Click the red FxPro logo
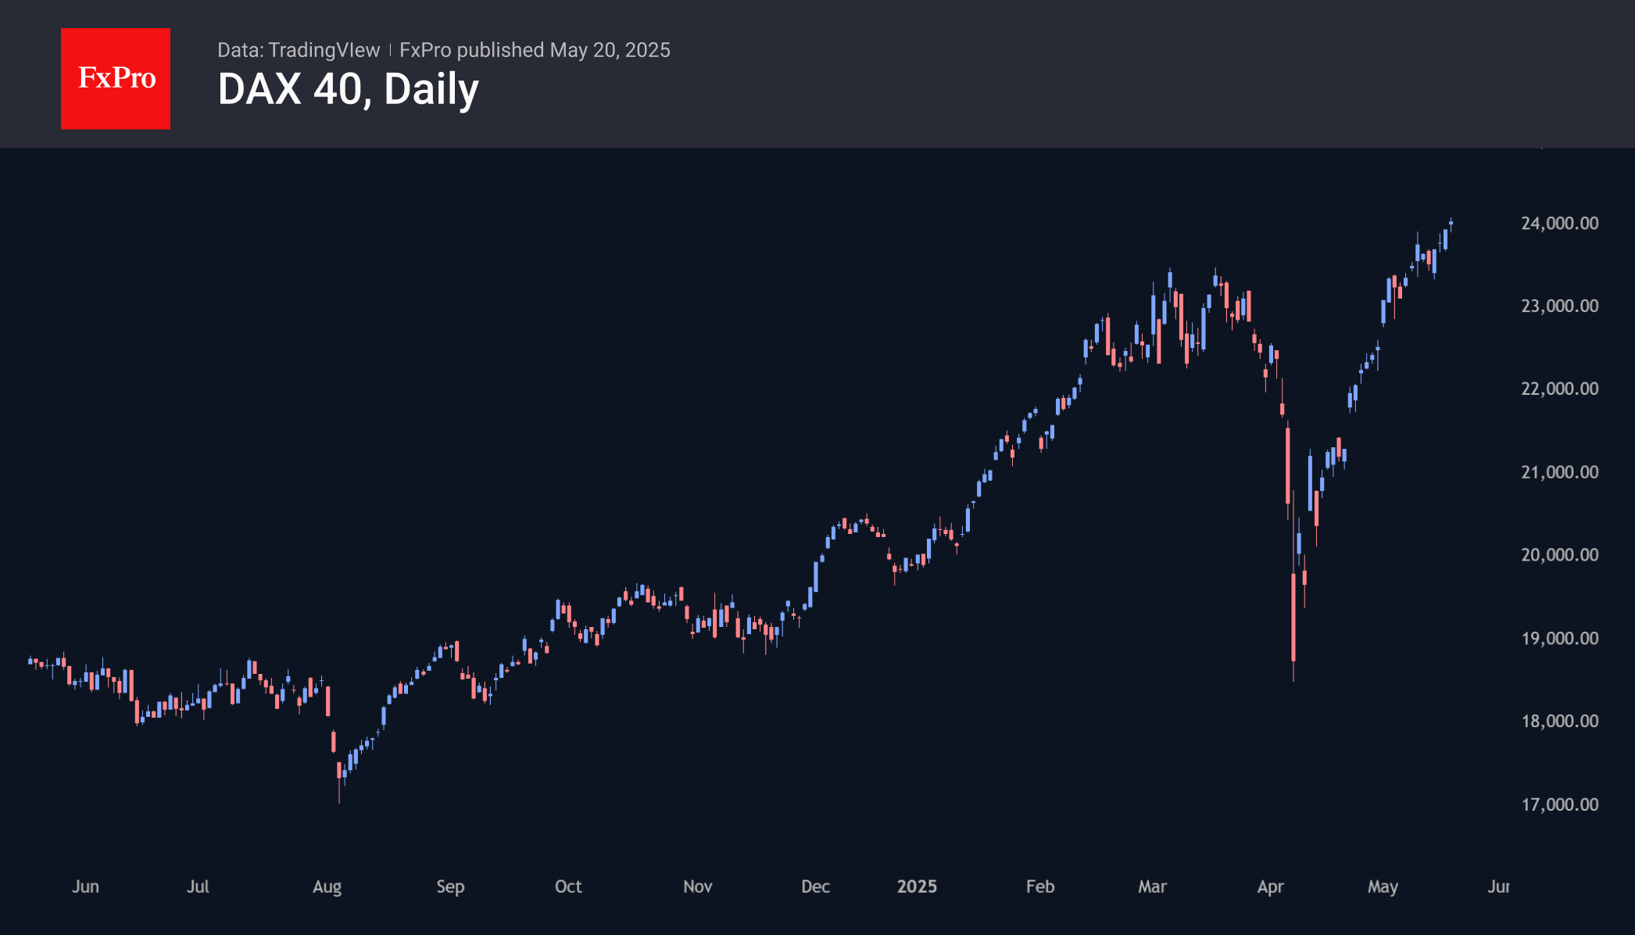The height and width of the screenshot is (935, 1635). click(116, 78)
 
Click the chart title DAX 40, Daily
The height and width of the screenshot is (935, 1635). click(348, 89)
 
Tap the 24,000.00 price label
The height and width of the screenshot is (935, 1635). click(1559, 224)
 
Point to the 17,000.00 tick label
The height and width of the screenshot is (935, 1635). click(1559, 804)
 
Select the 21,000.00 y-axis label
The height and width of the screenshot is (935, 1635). click(1559, 472)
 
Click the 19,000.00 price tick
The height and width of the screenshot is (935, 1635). click(1559, 639)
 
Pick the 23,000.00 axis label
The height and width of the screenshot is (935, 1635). click(1559, 306)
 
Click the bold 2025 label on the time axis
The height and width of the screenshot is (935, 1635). click(917, 887)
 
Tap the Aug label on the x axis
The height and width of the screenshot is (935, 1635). click(327, 887)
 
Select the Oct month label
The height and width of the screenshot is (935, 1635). click(568, 887)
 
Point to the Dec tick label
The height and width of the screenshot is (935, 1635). click(815, 887)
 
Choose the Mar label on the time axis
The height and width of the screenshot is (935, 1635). click(1152, 887)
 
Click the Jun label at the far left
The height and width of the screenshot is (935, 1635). click(85, 887)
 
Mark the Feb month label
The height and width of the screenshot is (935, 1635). click(1040, 887)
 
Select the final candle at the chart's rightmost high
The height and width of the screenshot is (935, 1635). click(1451, 224)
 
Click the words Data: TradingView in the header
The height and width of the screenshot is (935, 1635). click(299, 50)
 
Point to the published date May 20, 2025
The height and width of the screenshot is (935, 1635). click(610, 50)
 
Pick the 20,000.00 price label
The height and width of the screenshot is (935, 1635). click(1559, 555)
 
